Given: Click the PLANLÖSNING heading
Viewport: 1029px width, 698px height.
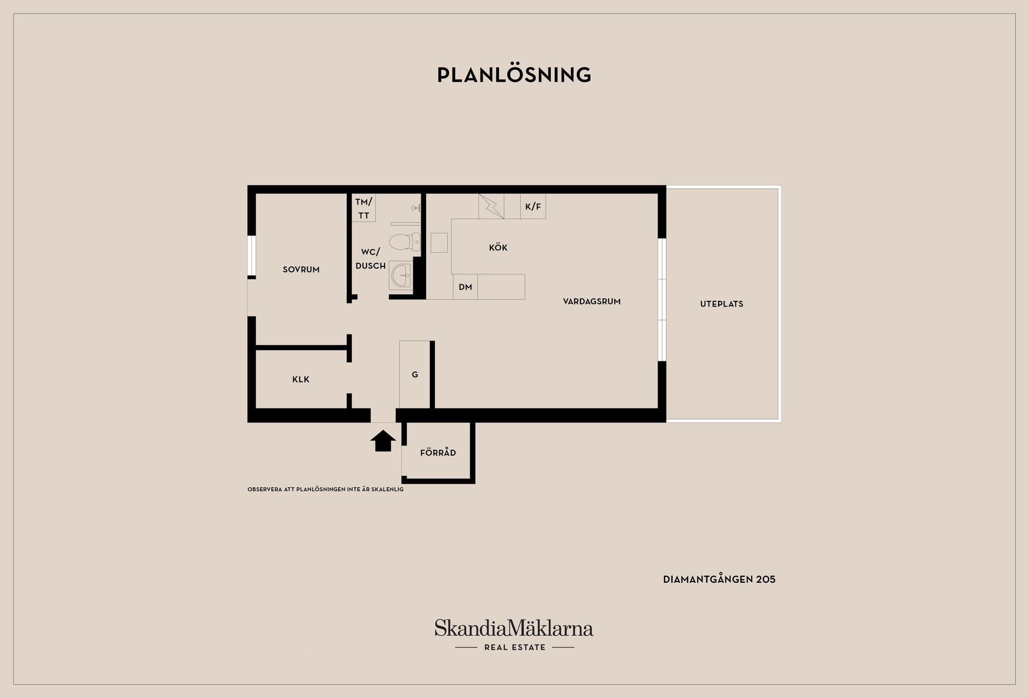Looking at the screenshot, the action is [x=514, y=75].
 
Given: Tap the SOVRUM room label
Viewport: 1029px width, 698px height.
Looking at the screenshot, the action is [x=301, y=270].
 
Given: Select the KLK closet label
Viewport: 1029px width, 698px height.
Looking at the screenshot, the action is [x=301, y=380].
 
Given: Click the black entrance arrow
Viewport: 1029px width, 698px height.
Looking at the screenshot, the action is [x=383, y=441].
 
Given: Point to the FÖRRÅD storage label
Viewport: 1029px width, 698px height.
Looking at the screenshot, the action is [x=438, y=452].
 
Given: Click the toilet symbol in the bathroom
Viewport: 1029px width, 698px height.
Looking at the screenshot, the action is [x=405, y=242].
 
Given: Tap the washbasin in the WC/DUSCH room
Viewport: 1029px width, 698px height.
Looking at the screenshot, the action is [x=400, y=276].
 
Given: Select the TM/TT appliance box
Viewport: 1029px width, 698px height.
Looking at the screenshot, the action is [x=363, y=208].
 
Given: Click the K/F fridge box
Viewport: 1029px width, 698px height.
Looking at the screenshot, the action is [x=533, y=206].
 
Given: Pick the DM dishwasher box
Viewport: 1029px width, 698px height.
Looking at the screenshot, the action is [x=465, y=287].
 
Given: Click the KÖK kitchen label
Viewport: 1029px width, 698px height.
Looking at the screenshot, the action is [x=498, y=248].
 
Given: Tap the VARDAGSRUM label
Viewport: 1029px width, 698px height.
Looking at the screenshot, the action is [x=592, y=301].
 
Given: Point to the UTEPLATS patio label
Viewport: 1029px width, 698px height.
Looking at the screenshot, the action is [x=721, y=304].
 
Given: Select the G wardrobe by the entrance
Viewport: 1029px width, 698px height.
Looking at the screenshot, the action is [x=415, y=375].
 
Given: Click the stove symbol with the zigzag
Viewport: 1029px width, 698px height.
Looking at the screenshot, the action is [x=491, y=206].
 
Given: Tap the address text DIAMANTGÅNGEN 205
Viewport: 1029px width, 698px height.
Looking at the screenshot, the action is [x=719, y=580].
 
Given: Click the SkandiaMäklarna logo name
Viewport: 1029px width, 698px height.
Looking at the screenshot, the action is [x=514, y=628].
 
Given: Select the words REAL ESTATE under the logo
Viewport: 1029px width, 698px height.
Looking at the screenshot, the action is [x=514, y=648].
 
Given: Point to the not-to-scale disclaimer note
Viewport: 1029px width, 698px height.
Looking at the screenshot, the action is [x=325, y=489].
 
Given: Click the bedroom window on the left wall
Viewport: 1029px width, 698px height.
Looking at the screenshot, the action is [x=251, y=255].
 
